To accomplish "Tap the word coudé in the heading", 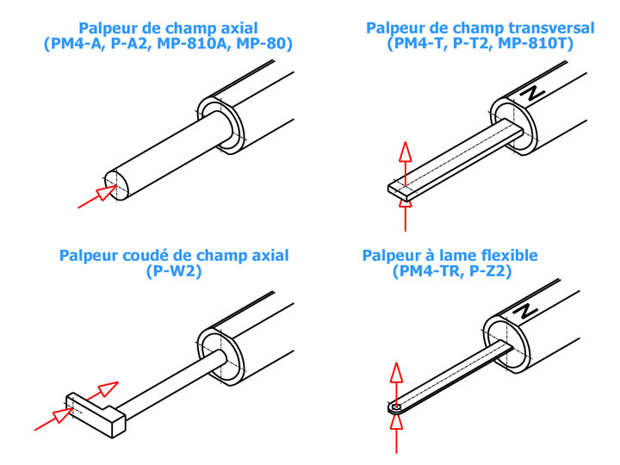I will tap(148, 256).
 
